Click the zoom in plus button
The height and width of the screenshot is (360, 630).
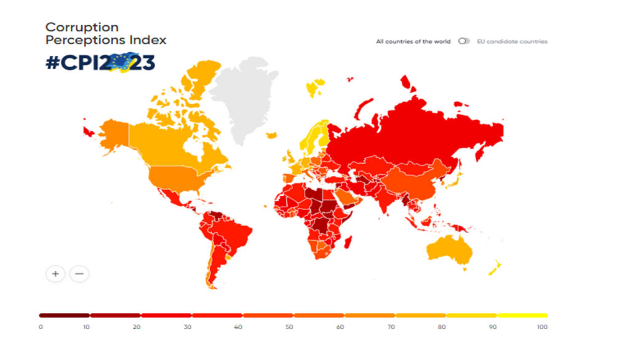pyautogui.click(x=55, y=273)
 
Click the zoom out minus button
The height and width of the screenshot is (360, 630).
pyautogui.click(x=79, y=273)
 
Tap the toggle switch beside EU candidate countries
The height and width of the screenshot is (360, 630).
pyautogui.click(x=464, y=41)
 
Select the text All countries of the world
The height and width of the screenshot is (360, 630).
pyautogui.click(x=413, y=42)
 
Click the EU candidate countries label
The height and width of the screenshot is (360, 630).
pyautogui.click(x=512, y=42)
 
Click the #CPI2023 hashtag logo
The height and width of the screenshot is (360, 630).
pyautogui.click(x=100, y=63)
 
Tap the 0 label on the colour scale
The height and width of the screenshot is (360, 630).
pyautogui.click(x=41, y=327)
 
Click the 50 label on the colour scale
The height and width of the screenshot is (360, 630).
pyautogui.click(x=289, y=327)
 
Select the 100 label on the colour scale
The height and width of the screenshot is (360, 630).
pyautogui.click(x=541, y=327)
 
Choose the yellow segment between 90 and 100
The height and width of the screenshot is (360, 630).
pyautogui.click(x=522, y=315)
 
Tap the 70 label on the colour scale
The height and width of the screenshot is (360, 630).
pyautogui.click(x=391, y=327)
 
